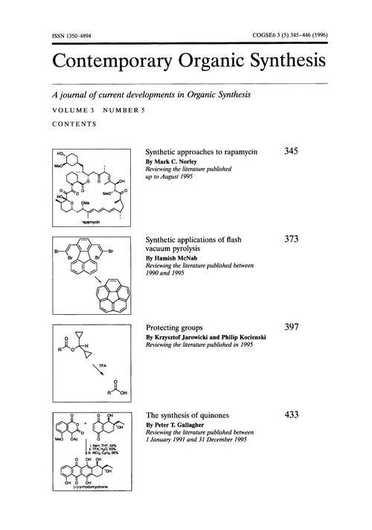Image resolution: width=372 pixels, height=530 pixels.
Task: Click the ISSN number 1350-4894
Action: (x=74, y=36)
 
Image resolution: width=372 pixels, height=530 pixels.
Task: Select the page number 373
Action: (x=292, y=239)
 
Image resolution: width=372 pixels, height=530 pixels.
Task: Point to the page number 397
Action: (x=292, y=327)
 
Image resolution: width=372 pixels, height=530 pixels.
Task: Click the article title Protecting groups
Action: (x=177, y=327)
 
